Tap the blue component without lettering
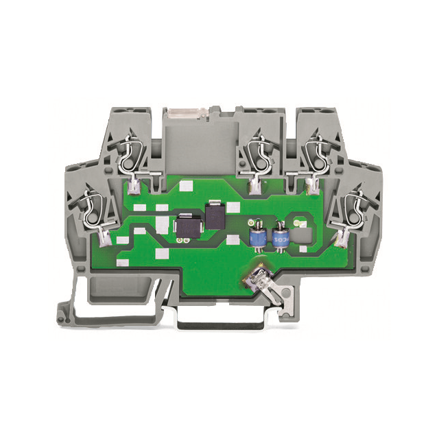pos(259,238)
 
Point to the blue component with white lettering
pos(280,239)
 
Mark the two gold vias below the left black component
pos(180,241)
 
